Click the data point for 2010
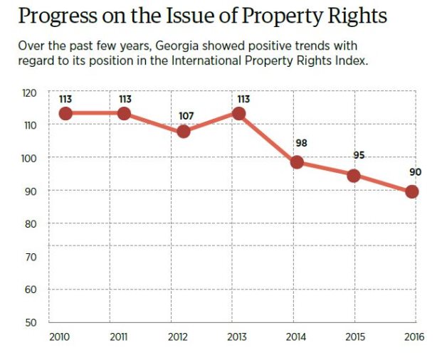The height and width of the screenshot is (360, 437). pos(65,113)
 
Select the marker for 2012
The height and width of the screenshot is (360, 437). pos(183,132)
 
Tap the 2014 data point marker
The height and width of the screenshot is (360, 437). pos(297,162)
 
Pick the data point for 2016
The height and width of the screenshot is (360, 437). pos(412,191)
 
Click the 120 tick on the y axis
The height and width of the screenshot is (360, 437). pos(28,92)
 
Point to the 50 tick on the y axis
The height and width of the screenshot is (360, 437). pos(30,322)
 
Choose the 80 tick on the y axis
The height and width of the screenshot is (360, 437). pos(30,223)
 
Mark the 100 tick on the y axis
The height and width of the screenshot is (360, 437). pos(28,158)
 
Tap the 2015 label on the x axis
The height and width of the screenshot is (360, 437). pos(354,336)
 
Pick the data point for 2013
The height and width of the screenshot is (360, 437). pos(239,113)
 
